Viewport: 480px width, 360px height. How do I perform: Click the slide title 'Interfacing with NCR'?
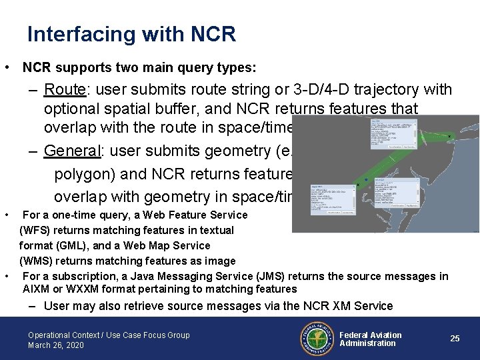point(131,34)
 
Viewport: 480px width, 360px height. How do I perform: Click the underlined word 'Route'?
point(63,89)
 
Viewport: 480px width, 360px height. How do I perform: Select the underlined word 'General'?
point(71,151)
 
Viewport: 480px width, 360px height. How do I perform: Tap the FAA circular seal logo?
point(313,339)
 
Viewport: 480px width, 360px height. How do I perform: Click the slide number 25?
point(455,339)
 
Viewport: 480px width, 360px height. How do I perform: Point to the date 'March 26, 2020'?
point(56,345)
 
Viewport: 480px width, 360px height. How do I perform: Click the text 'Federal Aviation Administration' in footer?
point(370,339)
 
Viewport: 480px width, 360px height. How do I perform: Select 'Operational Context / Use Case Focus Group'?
point(109,335)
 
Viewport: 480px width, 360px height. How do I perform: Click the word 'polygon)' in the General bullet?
point(87,174)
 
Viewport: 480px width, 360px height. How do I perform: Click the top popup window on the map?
point(393,134)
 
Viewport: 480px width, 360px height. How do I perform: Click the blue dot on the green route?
point(366,179)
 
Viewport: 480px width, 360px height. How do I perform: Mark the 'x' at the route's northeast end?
point(449,136)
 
